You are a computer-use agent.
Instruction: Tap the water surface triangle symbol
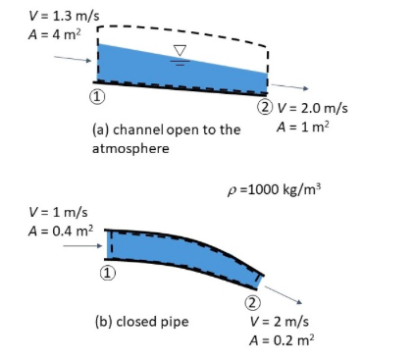click(179, 50)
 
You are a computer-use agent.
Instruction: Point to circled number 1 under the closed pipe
click(108, 273)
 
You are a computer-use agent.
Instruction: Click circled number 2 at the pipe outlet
click(252, 302)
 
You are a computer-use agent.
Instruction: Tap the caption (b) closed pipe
click(142, 321)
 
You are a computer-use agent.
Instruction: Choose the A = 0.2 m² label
click(282, 340)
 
